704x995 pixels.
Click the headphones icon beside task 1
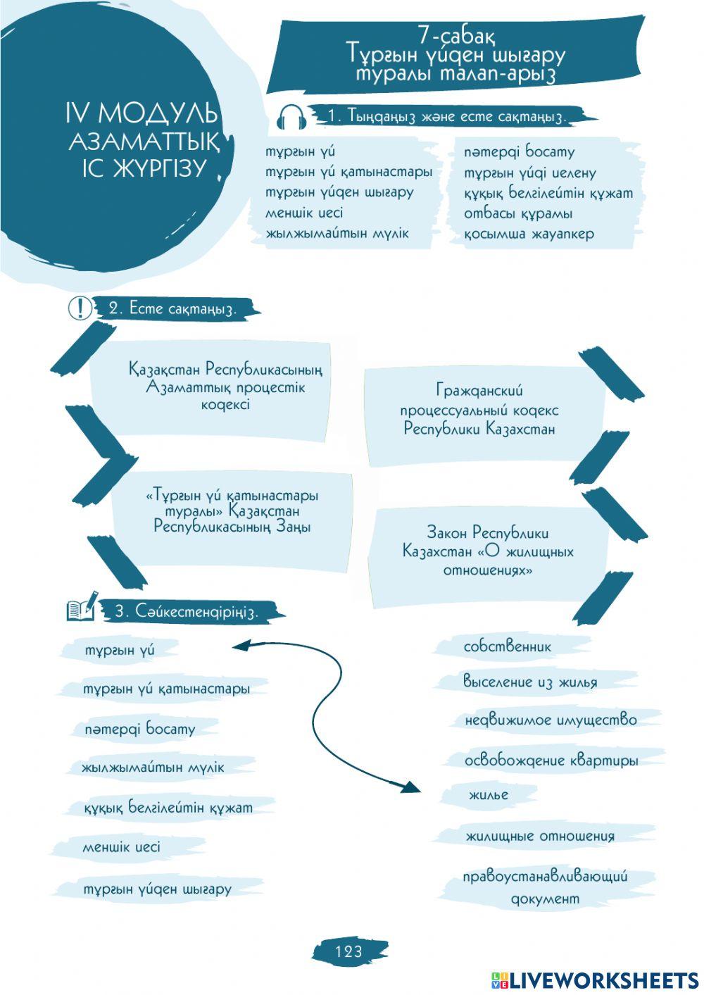pos(291,117)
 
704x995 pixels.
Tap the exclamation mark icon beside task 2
pos(80,308)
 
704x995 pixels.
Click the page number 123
pos(349,951)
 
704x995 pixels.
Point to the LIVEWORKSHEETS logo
pos(595,980)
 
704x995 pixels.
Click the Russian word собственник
pos(507,646)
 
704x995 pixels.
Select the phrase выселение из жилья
pos(529,682)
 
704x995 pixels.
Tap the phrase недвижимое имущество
pos(551,720)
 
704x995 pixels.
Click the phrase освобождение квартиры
pos(551,761)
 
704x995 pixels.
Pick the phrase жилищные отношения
pos(539,836)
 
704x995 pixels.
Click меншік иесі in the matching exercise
pos(121,846)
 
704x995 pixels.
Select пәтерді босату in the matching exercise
pos(139,729)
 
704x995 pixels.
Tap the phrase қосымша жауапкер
pos(528,234)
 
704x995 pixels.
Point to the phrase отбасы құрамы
pos(517,213)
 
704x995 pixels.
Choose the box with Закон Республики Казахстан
pos(488,551)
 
